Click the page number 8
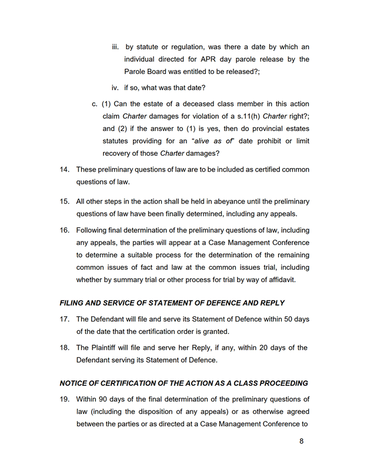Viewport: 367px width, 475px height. pyautogui.click(x=301, y=441)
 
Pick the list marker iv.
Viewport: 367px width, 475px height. pyautogui.click(x=115, y=88)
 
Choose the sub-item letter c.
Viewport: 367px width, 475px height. pyautogui.click(x=95, y=103)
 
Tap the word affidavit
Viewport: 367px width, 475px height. pyautogui.click(x=279, y=280)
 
